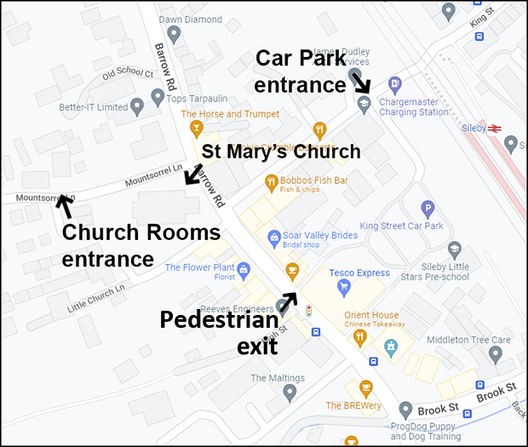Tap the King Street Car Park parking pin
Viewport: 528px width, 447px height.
click(428, 209)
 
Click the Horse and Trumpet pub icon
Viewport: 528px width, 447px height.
click(198, 129)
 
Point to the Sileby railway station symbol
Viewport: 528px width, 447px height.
click(496, 129)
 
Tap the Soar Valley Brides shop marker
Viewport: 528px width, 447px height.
click(273, 237)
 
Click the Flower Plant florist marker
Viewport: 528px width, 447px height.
click(244, 270)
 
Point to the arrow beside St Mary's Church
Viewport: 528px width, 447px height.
click(193, 175)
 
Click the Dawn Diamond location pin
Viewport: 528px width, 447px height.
click(174, 33)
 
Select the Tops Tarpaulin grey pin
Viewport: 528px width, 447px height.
click(158, 98)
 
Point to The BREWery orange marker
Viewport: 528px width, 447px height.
click(366, 387)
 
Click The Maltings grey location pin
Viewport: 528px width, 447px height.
click(290, 393)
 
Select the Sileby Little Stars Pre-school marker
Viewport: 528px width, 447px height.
click(455, 249)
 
